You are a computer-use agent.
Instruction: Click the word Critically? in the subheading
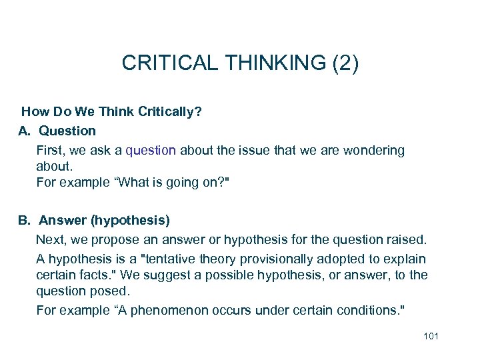coord(170,111)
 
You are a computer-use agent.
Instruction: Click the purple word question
coord(151,150)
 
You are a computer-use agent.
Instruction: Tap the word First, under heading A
coord(50,150)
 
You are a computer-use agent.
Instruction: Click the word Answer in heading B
coord(63,219)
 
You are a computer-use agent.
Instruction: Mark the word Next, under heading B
coord(51,239)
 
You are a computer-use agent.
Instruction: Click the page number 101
coord(431,336)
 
